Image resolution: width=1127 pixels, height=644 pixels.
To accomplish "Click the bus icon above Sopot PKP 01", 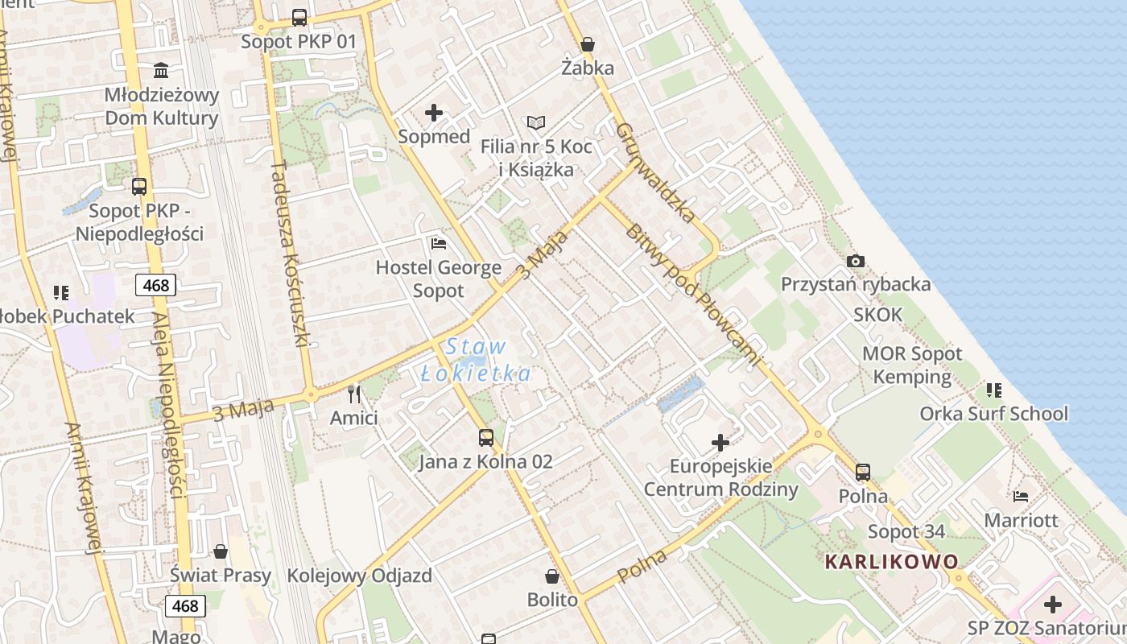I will [x=299, y=17].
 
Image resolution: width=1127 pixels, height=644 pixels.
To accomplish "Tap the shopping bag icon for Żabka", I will [x=588, y=44].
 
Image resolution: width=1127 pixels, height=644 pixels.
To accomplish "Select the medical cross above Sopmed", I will [x=434, y=113].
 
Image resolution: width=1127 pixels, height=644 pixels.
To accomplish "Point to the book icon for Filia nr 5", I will [x=536, y=122].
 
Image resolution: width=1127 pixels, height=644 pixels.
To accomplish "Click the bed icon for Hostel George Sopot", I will [x=439, y=243].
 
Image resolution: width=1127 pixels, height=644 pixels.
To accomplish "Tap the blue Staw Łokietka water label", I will [x=477, y=360].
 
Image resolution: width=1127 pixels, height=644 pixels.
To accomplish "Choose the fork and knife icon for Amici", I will [x=353, y=394].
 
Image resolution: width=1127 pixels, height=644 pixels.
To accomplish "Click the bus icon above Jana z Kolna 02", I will [x=486, y=437].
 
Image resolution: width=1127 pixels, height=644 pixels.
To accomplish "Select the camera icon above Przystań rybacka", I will [x=856, y=261].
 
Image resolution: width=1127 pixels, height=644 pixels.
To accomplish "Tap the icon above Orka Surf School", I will [x=994, y=390].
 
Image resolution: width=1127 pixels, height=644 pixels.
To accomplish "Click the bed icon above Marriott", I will [x=1021, y=496].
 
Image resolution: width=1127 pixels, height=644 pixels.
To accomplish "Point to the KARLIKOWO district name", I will [x=892, y=561].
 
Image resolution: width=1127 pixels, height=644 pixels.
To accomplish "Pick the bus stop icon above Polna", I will [x=863, y=472].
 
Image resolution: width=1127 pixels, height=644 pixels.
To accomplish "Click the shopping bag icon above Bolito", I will [x=552, y=576].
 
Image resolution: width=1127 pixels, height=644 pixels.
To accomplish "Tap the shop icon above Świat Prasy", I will [x=221, y=551].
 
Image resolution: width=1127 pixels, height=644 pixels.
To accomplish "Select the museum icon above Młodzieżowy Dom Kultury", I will [x=161, y=70].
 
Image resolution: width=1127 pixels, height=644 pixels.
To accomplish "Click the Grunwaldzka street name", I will [x=655, y=172].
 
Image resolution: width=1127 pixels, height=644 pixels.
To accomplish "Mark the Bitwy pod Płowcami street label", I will [x=692, y=295].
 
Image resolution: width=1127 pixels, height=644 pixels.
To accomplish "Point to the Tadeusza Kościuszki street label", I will [x=291, y=253].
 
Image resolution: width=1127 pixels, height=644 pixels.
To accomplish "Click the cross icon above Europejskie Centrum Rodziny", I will [x=720, y=442].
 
